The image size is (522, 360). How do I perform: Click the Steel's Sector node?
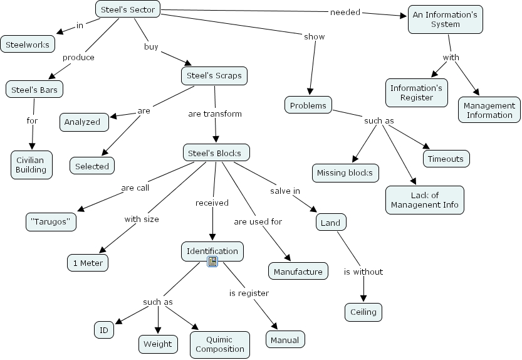tap(128, 9)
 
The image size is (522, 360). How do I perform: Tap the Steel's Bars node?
tap(34, 90)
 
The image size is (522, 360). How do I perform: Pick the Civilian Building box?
tap(31, 164)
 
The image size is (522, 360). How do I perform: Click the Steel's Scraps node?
tap(214, 76)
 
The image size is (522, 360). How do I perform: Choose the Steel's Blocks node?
tap(216, 152)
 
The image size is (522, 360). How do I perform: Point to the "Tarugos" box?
tap(51, 221)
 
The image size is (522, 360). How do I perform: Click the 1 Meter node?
tap(88, 262)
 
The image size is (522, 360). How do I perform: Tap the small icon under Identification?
tap(212, 262)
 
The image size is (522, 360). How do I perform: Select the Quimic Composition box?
tap(220, 344)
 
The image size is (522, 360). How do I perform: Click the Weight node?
tap(157, 344)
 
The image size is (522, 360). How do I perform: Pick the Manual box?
tap(286, 340)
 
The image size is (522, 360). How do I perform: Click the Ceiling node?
tap(363, 312)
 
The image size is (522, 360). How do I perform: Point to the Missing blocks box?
tap(345, 172)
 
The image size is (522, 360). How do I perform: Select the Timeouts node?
tap(446, 159)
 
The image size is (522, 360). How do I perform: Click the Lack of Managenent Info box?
tap(425, 199)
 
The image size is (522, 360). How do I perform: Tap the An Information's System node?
tap(446, 19)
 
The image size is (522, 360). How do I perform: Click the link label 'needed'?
tap(345, 11)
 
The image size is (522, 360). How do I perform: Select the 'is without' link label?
tap(363, 272)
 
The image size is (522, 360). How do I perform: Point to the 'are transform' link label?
tap(215, 114)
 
